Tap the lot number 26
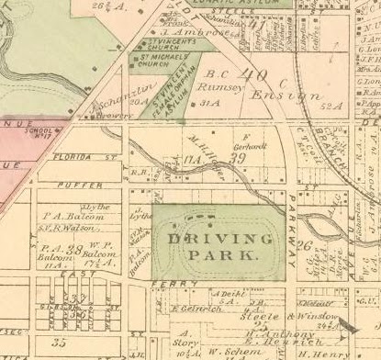[307, 245]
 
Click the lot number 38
[74, 250]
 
